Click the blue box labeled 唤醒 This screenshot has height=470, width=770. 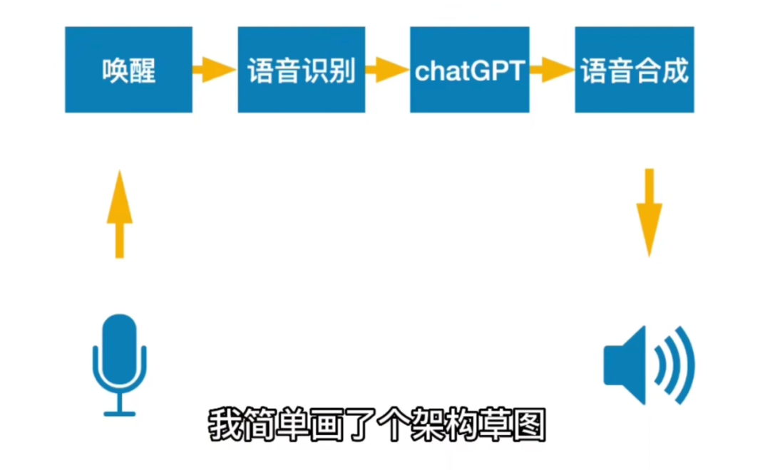point(128,70)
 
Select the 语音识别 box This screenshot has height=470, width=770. point(302,70)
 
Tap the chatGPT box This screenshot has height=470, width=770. point(469,70)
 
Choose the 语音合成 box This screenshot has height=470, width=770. point(635,70)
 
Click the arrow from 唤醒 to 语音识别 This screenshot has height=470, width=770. point(214,70)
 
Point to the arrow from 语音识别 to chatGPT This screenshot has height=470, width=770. point(387,70)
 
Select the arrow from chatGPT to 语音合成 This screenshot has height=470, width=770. point(552,70)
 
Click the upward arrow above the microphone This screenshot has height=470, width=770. point(119,214)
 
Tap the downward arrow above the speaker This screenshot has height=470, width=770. point(649,212)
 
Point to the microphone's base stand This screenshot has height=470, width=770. point(119,412)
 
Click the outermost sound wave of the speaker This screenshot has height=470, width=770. point(686,365)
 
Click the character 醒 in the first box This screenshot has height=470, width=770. point(143,70)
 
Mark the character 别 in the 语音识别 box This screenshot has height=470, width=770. point(343,70)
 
